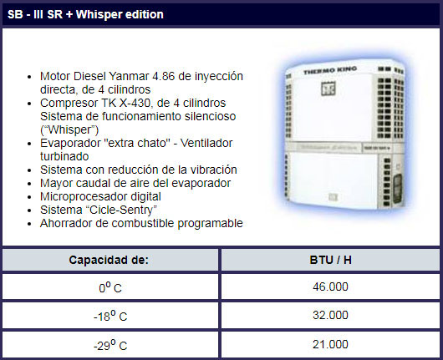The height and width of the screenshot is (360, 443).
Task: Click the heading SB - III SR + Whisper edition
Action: pyautogui.click(x=85, y=14)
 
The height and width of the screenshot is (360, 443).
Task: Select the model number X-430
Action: pyautogui.click(x=135, y=103)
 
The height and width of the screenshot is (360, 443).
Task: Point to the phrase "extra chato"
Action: pyautogui.click(x=137, y=143)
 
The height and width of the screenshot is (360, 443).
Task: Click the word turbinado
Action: pyautogui.click(x=64, y=156)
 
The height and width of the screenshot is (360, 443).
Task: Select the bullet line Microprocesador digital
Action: pyautogui.click(x=100, y=197)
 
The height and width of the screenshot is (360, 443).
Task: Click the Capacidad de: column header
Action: pyautogui.click(x=109, y=260)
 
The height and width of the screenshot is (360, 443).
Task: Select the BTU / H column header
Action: pyautogui.click(x=330, y=260)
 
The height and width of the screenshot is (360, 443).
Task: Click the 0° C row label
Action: pyautogui.click(x=110, y=287)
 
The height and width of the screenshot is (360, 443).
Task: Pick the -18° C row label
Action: pyautogui.click(x=110, y=316)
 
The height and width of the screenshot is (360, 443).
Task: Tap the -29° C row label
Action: pyautogui.click(x=110, y=345)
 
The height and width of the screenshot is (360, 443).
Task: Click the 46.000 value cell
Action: pyautogui.click(x=330, y=286)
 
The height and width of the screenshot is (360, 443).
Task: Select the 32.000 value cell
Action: pyautogui.click(x=330, y=316)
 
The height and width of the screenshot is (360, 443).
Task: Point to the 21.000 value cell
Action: pyautogui.click(x=330, y=344)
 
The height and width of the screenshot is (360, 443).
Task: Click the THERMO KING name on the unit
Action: pyautogui.click(x=330, y=70)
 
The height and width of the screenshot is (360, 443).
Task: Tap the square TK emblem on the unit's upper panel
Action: pyautogui.click(x=328, y=89)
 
